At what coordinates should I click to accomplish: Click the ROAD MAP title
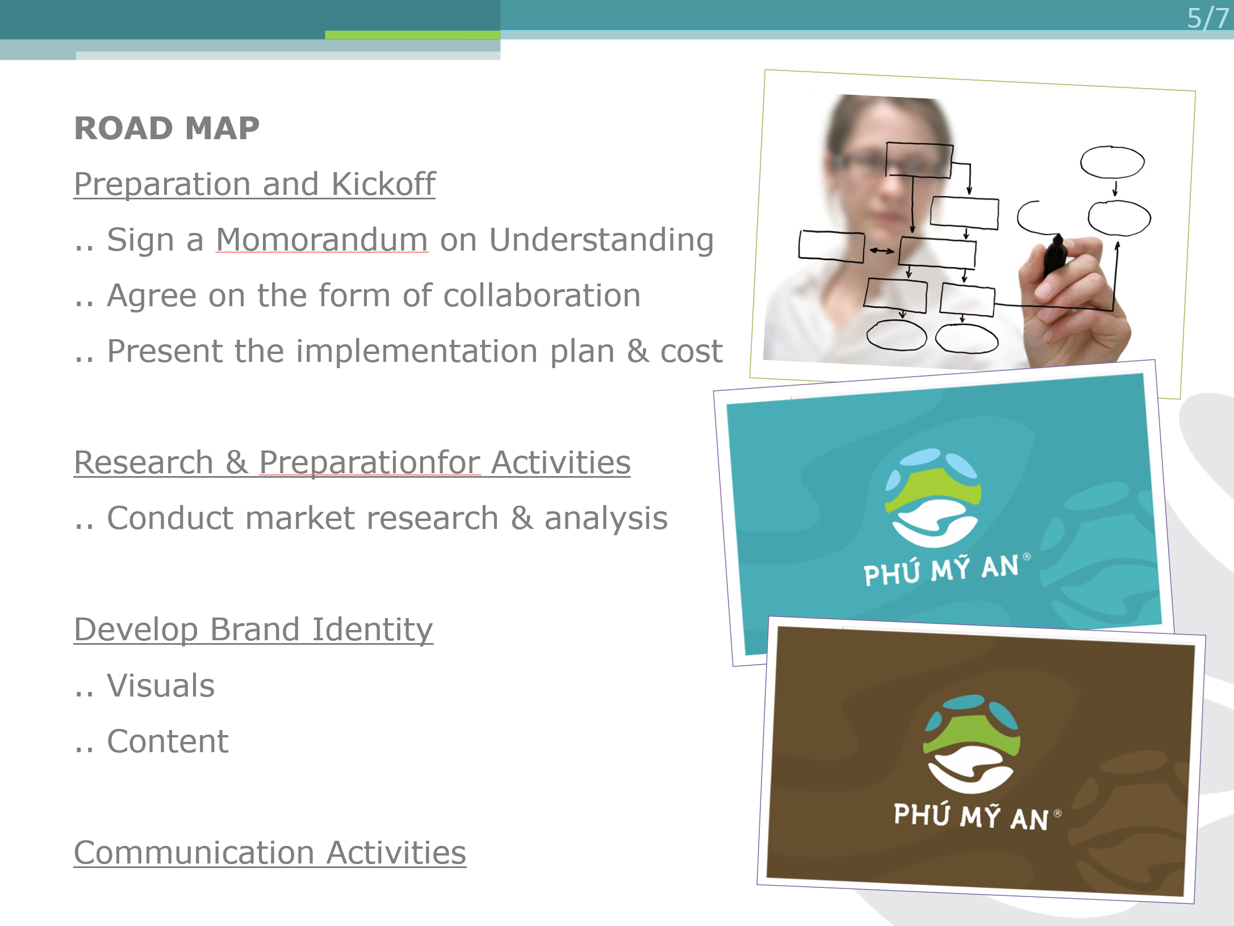(167, 128)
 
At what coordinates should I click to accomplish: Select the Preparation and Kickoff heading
(255, 184)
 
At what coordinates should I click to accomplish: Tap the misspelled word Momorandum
(322, 239)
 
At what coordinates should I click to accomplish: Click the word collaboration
(542, 295)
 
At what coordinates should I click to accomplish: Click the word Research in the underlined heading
(144, 462)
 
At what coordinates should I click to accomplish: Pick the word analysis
(606, 519)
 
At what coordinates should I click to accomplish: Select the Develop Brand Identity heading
(254, 629)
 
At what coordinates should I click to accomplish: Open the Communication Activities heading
(270, 853)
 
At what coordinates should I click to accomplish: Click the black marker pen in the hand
(1055, 255)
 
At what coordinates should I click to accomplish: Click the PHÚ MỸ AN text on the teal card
(941, 570)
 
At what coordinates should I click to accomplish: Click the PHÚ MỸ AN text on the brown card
(971, 816)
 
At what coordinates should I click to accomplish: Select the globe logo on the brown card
(972, 744)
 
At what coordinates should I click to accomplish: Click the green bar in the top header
(413, 35)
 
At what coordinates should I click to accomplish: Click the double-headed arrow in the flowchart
(881, 251)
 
